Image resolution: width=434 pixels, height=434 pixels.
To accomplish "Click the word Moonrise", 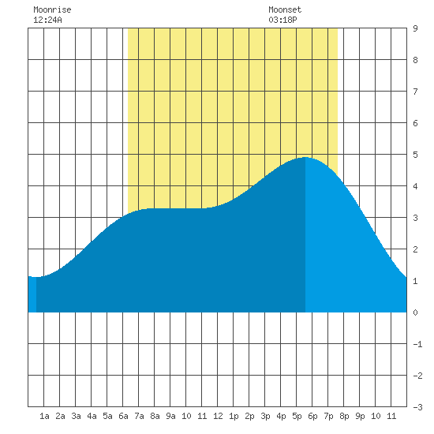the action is pos(52,9).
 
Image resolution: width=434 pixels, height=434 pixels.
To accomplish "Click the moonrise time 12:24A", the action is pos(47,20).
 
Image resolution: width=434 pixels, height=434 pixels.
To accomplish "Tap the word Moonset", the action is pos(285,9).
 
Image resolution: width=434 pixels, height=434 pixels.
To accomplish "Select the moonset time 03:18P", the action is pos(282,20).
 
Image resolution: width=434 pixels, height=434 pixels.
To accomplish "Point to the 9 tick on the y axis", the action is pos(415,28).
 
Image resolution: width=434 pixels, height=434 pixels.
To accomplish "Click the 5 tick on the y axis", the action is pos(415,155).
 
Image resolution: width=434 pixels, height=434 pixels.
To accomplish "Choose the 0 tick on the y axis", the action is pos(415,312).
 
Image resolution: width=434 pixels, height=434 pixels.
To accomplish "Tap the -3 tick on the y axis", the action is pos(417,407).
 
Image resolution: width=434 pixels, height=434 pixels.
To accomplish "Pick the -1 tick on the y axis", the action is pos(417,344).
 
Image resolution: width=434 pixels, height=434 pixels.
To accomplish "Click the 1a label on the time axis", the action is pos(44,416).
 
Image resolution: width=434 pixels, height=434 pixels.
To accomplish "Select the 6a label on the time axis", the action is pos(123,416).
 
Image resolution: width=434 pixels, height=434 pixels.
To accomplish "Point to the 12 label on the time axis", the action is pos(218,416).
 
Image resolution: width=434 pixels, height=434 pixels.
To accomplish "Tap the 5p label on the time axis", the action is pos(297,416).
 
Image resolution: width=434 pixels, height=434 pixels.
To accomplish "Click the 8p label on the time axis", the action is pos(344,416).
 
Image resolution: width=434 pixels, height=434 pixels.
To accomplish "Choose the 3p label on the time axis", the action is pos(265,416).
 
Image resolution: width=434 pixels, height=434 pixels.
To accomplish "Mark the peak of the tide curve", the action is pos(305,157).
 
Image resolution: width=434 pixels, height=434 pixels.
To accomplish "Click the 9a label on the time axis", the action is pos(170,416).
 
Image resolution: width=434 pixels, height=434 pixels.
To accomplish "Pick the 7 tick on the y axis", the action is pos(415,92).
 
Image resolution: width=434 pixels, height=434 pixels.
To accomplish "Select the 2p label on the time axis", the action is pos(249,416).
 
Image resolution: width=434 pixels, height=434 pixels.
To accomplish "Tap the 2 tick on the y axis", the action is pos(415,249).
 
